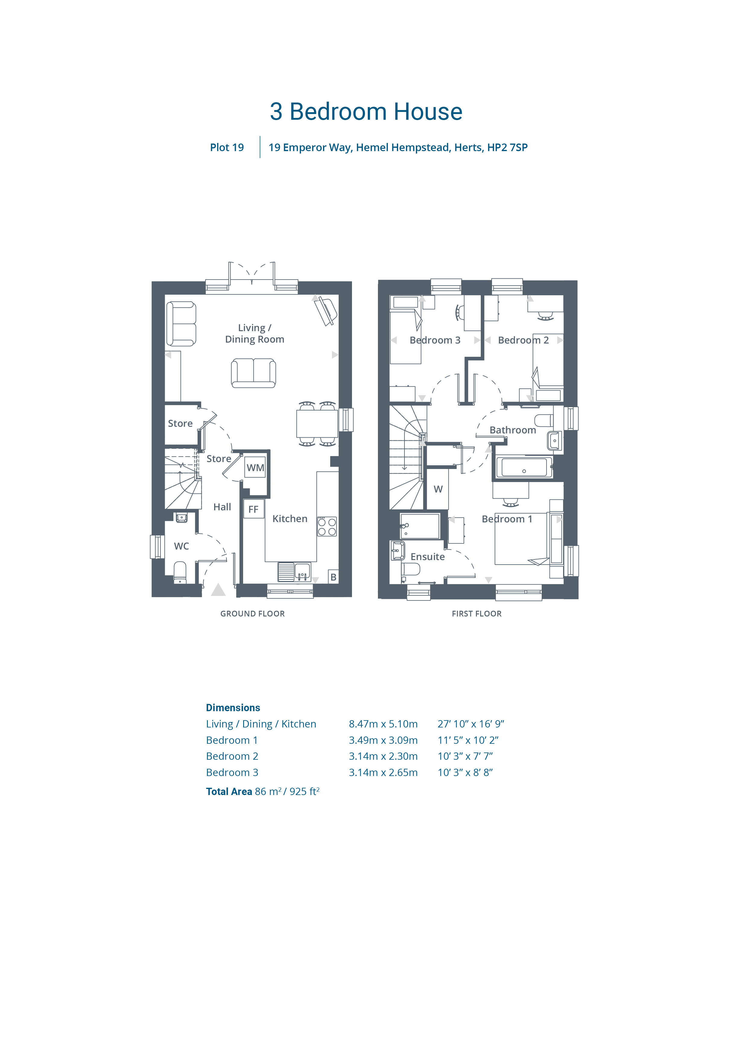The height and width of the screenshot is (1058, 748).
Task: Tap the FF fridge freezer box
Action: click(x=253, y=509)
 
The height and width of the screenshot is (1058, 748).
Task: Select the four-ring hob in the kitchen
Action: click(x=327, y=526)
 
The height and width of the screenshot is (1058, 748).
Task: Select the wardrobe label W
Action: click(x=438, y=489)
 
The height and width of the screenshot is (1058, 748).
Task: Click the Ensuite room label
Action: click(x=428, y=557)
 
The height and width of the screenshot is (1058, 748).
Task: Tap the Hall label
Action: click(x=222, y=507)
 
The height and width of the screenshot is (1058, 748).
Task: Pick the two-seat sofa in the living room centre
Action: click(x=253, y=373)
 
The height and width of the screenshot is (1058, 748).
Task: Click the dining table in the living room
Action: click(x=317, y=423)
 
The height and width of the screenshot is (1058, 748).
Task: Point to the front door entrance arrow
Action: click(x=218, y=590)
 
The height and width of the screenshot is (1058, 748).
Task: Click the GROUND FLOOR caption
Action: click(x=252, y=614)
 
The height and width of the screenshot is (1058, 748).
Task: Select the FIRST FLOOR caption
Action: click(x=477, y=614)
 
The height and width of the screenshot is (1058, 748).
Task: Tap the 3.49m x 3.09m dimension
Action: click(x=383, y=740)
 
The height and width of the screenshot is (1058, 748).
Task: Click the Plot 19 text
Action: click(x=227, y=147)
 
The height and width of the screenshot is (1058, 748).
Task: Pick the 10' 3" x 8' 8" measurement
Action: click(x=465, y=772)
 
